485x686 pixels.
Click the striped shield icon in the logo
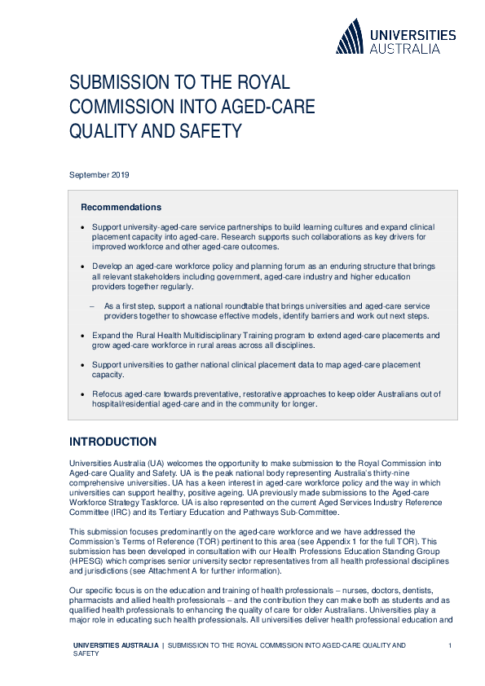350,37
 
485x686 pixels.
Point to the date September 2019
99,174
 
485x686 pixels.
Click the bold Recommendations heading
121,207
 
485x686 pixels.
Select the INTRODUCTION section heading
112,442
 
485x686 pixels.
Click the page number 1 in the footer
449,645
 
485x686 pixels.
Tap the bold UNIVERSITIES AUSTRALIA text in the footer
115,645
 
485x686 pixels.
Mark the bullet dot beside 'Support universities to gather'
83,365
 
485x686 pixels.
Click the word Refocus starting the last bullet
108,394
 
